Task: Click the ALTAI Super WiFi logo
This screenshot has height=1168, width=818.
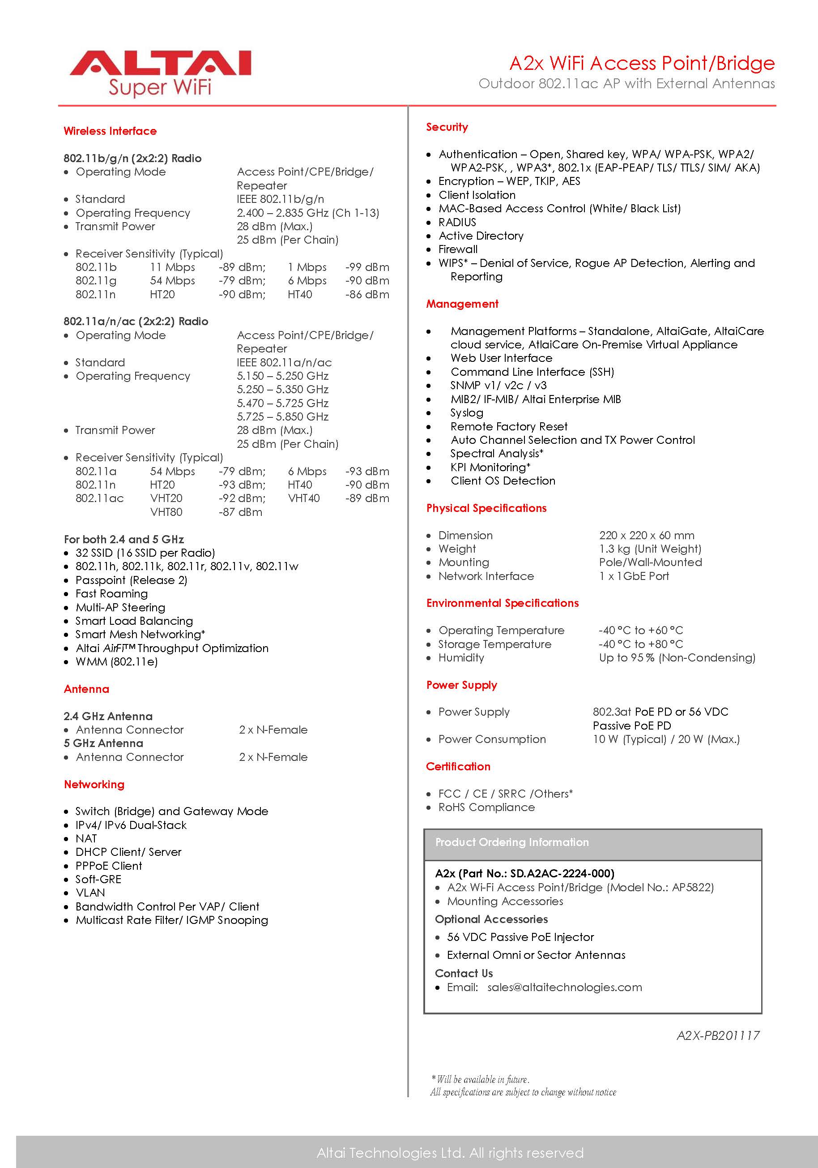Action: (x=160, y=72)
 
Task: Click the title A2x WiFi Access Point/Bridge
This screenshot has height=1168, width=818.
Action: (x=642, y=63)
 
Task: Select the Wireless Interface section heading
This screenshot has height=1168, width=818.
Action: (x=110, y=131)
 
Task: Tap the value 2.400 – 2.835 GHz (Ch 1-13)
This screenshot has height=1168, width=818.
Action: (x=307, y=213)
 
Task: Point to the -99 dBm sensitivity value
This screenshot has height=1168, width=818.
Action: (x=367, y=267)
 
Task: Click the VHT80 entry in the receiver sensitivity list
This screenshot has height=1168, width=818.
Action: (x=166, y=512)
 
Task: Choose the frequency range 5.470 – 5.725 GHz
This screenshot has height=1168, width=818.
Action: (x=282, y=403)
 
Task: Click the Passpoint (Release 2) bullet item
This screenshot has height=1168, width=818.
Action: (x=131, y=580)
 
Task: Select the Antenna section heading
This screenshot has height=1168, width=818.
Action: (x=86, y=689)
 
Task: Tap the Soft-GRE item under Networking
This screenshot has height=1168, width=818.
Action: (x=98, y=879)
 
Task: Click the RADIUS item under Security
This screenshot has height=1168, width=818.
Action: (x=457, y=222)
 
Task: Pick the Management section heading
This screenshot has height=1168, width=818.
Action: (x=462, y=304)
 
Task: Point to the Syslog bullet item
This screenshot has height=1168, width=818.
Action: (x=467, y=412)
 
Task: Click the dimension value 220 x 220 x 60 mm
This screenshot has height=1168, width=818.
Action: (x=646, y=535)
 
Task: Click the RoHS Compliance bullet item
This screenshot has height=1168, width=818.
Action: (x=486, y=807)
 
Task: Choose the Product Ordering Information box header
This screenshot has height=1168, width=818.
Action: (x=511, y=842)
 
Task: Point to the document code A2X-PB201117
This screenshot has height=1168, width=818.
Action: (x=718, y=1035)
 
